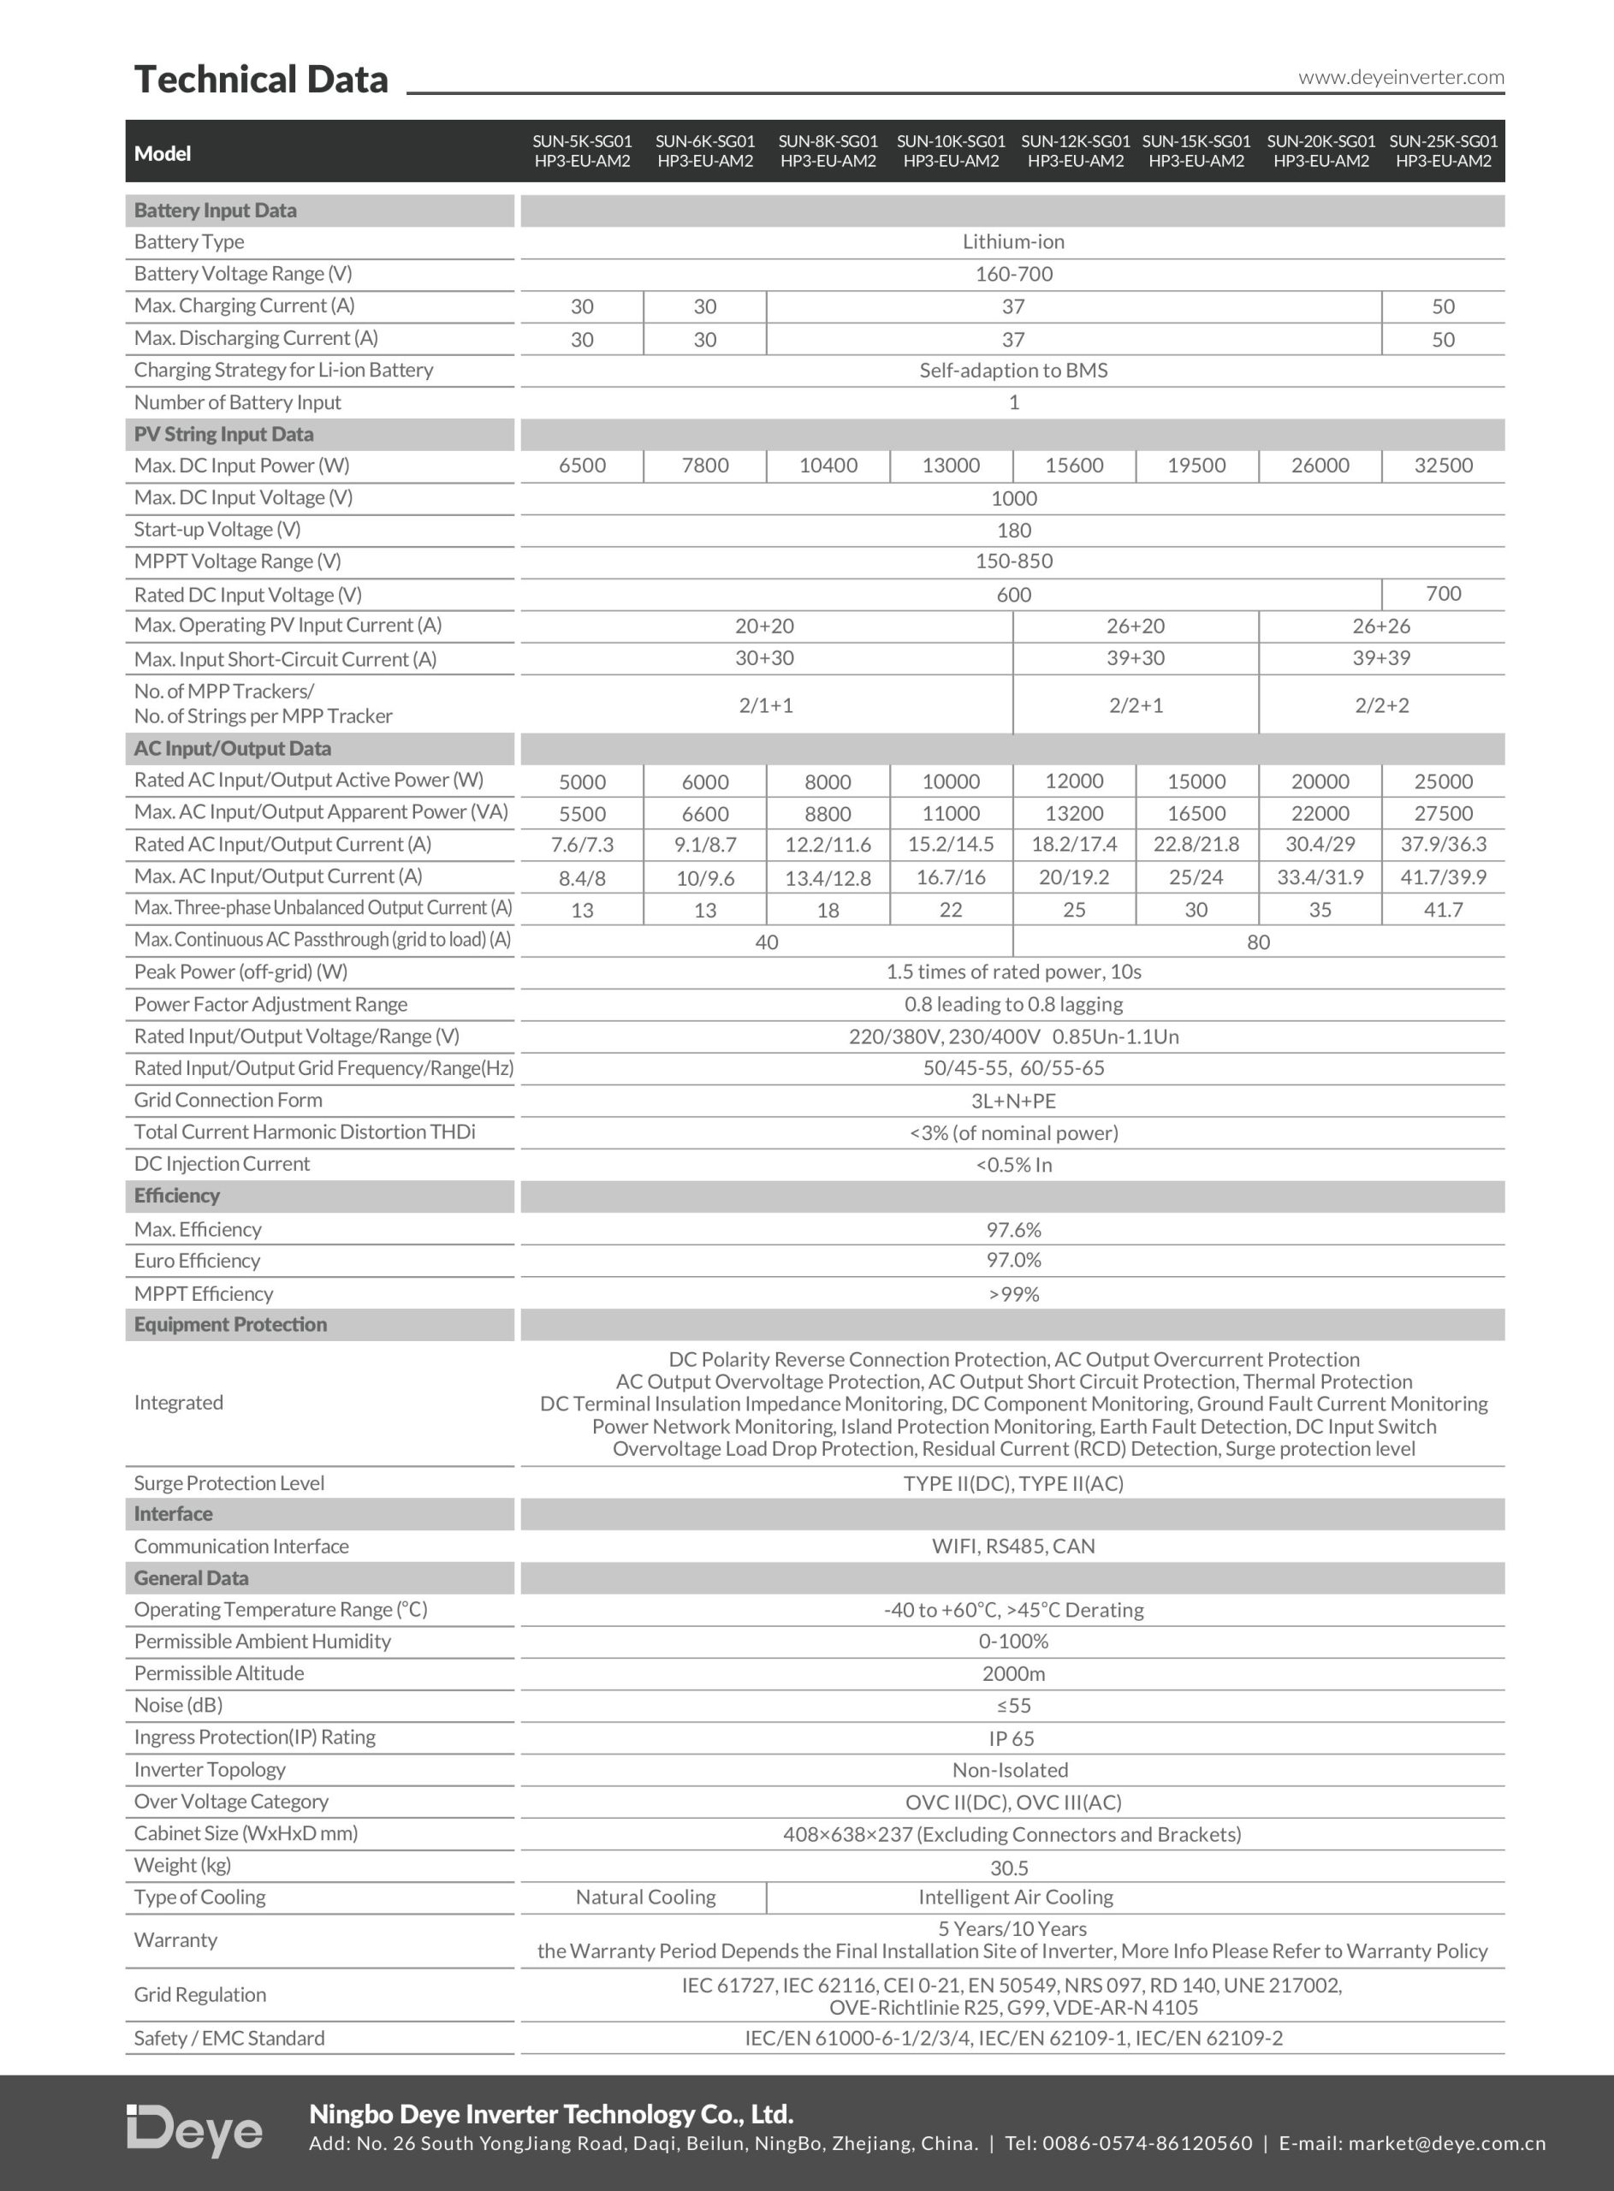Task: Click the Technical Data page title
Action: pos(261,79)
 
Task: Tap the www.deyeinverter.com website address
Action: pos(1400,77)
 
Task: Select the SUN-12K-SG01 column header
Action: pos(1075,151)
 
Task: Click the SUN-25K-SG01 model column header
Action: pos(1443,151)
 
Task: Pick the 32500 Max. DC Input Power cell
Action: pos(1443,466)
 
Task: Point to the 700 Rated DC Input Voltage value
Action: pos(1443,594)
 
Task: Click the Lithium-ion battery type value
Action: pos(1013,242)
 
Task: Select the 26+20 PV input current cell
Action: pos(1136,626)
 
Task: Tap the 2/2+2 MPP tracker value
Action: pos(1381,705)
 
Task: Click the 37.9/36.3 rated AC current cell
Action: pos(1443,844)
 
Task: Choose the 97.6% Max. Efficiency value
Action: pos(1013,1229)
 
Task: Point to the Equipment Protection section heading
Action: pos(230,1325)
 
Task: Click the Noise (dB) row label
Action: pos(179,1706)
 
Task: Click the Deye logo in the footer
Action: pos(195,2129)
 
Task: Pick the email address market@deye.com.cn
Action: pos(1447,2143)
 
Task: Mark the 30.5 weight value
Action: pos(1009,1867)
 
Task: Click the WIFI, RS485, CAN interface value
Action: pos(1013,1547)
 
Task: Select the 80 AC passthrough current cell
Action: pos(1258,941)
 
